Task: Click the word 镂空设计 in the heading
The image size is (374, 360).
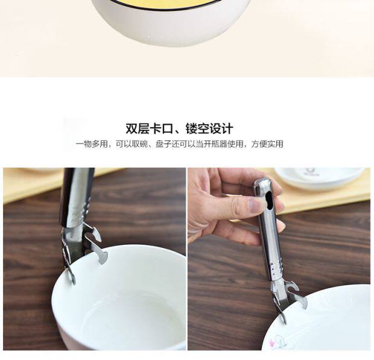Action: point(209,129)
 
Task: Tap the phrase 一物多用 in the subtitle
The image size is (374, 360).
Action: point(92,144)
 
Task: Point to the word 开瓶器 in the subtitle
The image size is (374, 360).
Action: point(215,144)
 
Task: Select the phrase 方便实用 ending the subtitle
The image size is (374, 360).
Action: point(267,144)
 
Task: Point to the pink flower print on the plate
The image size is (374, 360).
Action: point(271,344)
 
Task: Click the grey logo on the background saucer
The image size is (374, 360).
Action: point(310,172)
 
